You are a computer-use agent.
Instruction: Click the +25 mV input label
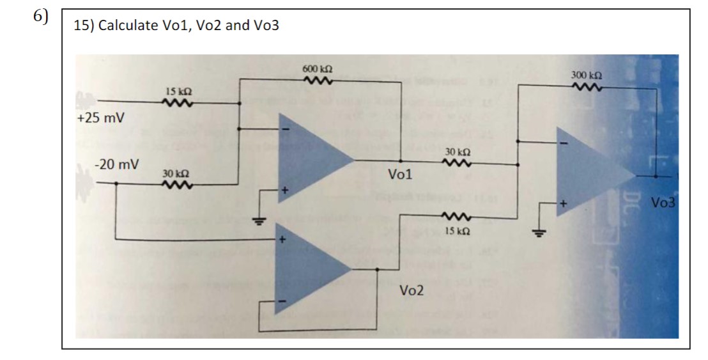(101, 118)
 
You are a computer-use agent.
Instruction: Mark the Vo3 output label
(665, 203)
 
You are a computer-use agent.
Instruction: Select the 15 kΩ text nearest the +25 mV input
(175, 91)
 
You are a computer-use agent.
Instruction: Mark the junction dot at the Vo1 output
(401, 162)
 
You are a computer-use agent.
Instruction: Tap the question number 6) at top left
(42, 17)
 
